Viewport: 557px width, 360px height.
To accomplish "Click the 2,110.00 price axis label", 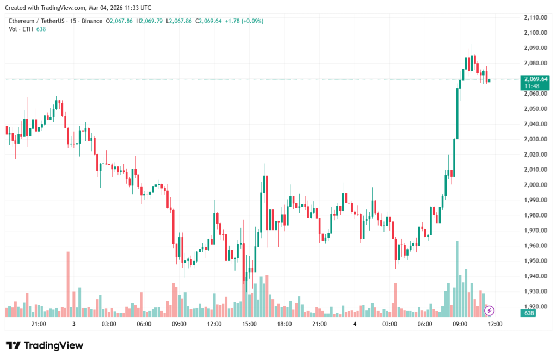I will click(535, 17).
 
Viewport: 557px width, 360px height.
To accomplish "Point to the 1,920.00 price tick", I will click(535, 306).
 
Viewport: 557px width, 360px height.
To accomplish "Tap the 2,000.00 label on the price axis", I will click(535, 185).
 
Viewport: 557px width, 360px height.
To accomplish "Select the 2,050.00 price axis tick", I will click(535, 109).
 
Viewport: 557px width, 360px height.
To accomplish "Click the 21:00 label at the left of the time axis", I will click(39, 324).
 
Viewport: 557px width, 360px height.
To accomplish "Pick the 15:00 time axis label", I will click(249, 324).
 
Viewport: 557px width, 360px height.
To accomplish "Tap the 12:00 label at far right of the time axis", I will click(495, 324).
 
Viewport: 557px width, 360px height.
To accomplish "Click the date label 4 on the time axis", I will click(355, 324).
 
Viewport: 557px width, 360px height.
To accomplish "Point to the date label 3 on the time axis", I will click(73, 324).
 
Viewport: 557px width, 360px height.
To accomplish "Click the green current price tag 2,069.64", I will click(536, 79).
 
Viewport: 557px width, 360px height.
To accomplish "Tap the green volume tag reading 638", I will click(528, 313).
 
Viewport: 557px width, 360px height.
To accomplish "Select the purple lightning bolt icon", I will click(489, 311).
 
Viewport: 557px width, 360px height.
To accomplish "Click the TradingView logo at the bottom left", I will click(45, 345).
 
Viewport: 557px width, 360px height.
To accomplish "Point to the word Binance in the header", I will click(91, 21).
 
